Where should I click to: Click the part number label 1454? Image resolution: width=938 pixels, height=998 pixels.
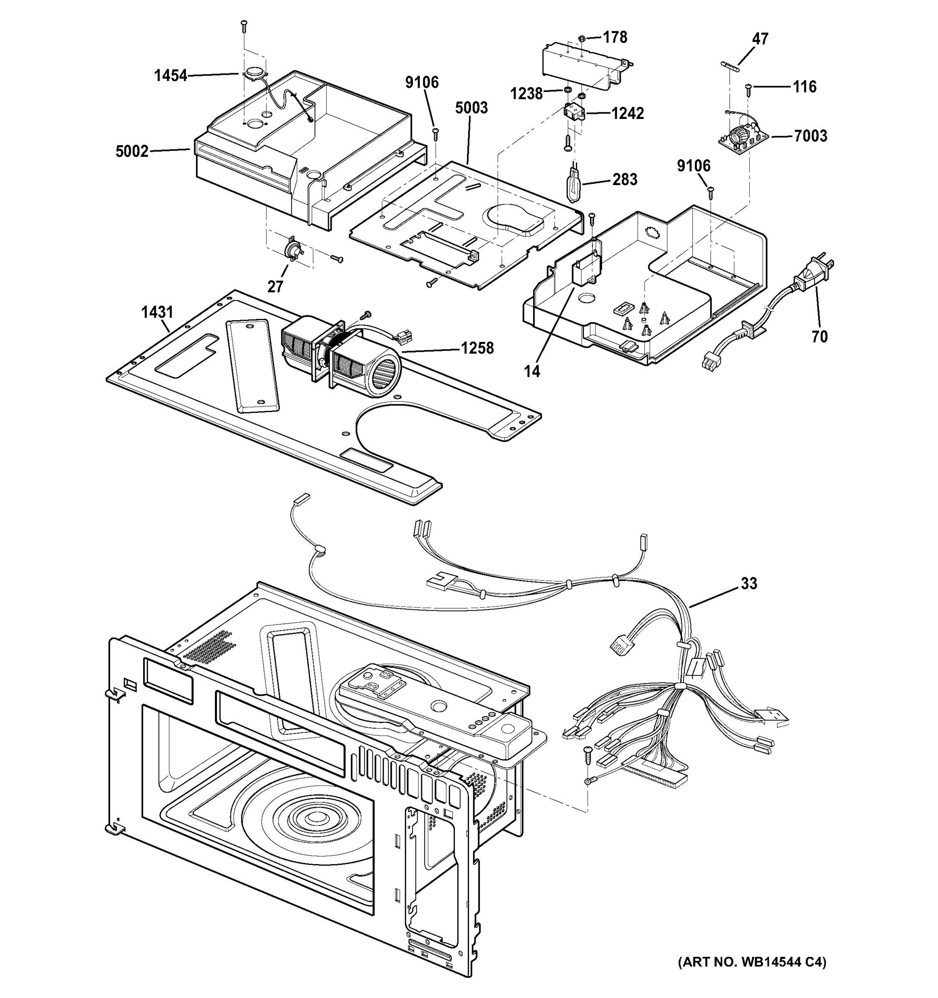coord(170,76)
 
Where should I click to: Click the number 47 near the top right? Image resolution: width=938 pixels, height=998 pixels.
coord(760,39)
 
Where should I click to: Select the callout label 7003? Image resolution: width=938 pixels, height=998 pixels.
coord(810,136)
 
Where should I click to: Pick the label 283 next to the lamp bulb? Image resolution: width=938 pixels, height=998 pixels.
coord(625,179)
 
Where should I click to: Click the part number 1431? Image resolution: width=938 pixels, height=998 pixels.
coord(157,312)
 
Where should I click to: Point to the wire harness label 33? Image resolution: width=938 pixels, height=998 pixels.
coord(749,583)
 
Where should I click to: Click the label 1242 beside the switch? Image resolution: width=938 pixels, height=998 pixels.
coord(627,114)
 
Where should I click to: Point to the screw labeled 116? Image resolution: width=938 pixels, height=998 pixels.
coord(748,88)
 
